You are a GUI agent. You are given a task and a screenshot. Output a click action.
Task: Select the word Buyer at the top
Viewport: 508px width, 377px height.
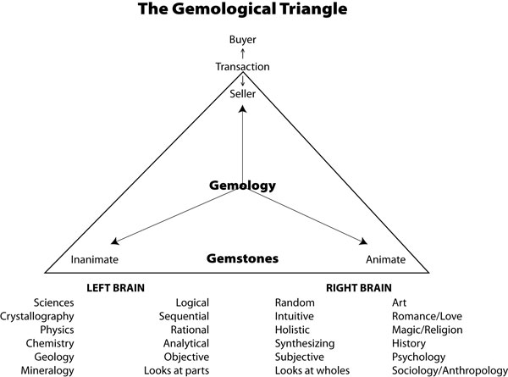tap(243, 39)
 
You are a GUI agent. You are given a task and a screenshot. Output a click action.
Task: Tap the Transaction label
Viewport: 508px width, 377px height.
tap(243, 66)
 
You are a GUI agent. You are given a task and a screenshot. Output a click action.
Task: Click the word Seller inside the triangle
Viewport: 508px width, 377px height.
tap(243, 93)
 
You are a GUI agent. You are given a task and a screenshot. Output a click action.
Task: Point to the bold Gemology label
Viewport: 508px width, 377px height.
tap(243, 185)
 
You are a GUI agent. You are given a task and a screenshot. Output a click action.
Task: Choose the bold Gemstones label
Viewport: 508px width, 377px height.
tap(243, 258)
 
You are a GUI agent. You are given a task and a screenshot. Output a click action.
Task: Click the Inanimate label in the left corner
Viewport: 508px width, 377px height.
tap(93, 259)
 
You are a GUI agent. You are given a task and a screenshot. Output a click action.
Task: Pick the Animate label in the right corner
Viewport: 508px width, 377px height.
tap(385, 259)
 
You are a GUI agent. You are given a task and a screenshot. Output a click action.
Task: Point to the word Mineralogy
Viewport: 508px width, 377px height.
tap(47, 370)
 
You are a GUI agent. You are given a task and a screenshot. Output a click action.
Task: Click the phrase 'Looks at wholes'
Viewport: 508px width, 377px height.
tap(312, 370)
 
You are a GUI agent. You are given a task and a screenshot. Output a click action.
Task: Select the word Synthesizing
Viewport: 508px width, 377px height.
tap(305, 343)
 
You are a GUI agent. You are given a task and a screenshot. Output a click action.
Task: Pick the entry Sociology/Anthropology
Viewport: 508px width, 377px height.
tap(444, 370)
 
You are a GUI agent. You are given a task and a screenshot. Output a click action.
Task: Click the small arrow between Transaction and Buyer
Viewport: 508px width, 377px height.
tap(243, 53)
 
